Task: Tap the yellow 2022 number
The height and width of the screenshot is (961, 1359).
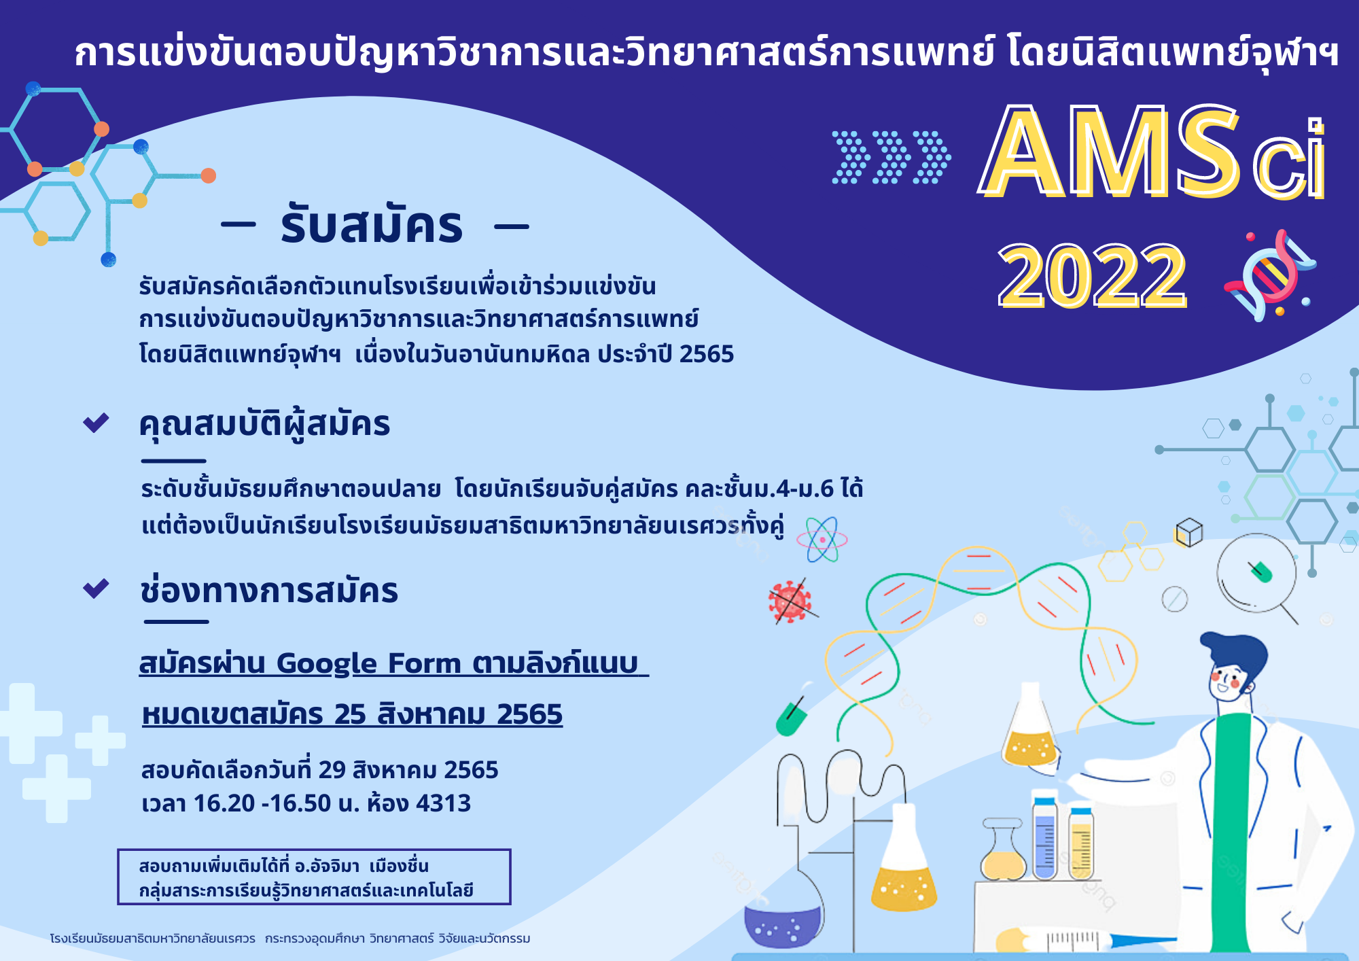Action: tap(1093, 275)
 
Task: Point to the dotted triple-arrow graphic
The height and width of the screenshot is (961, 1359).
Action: tap(891, 157)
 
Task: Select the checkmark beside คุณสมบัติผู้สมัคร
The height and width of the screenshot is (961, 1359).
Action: tap(96, 423)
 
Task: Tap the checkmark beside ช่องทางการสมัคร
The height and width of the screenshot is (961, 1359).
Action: tap(96, 589)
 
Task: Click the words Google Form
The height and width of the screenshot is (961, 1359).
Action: tap(370, 663)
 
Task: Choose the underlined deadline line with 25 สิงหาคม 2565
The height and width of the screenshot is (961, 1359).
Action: tap(352, 714)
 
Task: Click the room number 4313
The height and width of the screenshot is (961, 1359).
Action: tap(443, 803)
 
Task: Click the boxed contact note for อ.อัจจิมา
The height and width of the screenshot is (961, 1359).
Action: tap(314, 877)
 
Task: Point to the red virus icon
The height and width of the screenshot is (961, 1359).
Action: tap(790, 601)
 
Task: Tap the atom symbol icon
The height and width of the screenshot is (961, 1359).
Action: tap(822, 540)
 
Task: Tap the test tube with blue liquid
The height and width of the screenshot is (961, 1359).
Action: tap(1045, 838)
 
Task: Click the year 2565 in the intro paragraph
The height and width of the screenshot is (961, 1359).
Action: tap(707, 354)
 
